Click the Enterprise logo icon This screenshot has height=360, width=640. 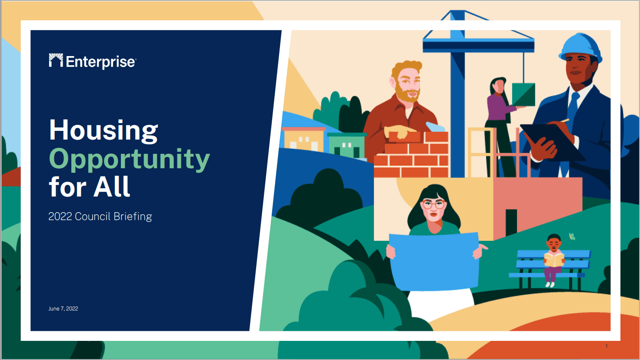[56, 60]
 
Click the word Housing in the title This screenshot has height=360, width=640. [103, 130]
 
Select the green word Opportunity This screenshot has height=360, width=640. [130, 159]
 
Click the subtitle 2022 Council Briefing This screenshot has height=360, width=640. [100, 217]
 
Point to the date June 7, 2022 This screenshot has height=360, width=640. [63, 309]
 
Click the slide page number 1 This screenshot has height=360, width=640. [607, 346]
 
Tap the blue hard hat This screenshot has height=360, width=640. [580, 47]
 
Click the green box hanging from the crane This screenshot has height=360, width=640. [523, 95]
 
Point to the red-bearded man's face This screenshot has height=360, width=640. [407, 83]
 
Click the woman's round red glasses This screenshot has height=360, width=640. [434, 205]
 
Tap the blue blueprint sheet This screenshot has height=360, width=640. [434, 261]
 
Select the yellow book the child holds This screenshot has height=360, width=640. [554, 260]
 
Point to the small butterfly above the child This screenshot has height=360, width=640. [572, 236]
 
